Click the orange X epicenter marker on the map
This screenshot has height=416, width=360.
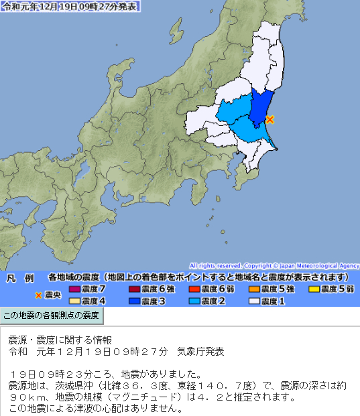click(269, 119)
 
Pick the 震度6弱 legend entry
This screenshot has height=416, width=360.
click(212, 289)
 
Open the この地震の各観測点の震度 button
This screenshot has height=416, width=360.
click(52, 315)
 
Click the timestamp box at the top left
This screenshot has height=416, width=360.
click(71, 7)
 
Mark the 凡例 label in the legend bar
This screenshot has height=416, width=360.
click(19, 277)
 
